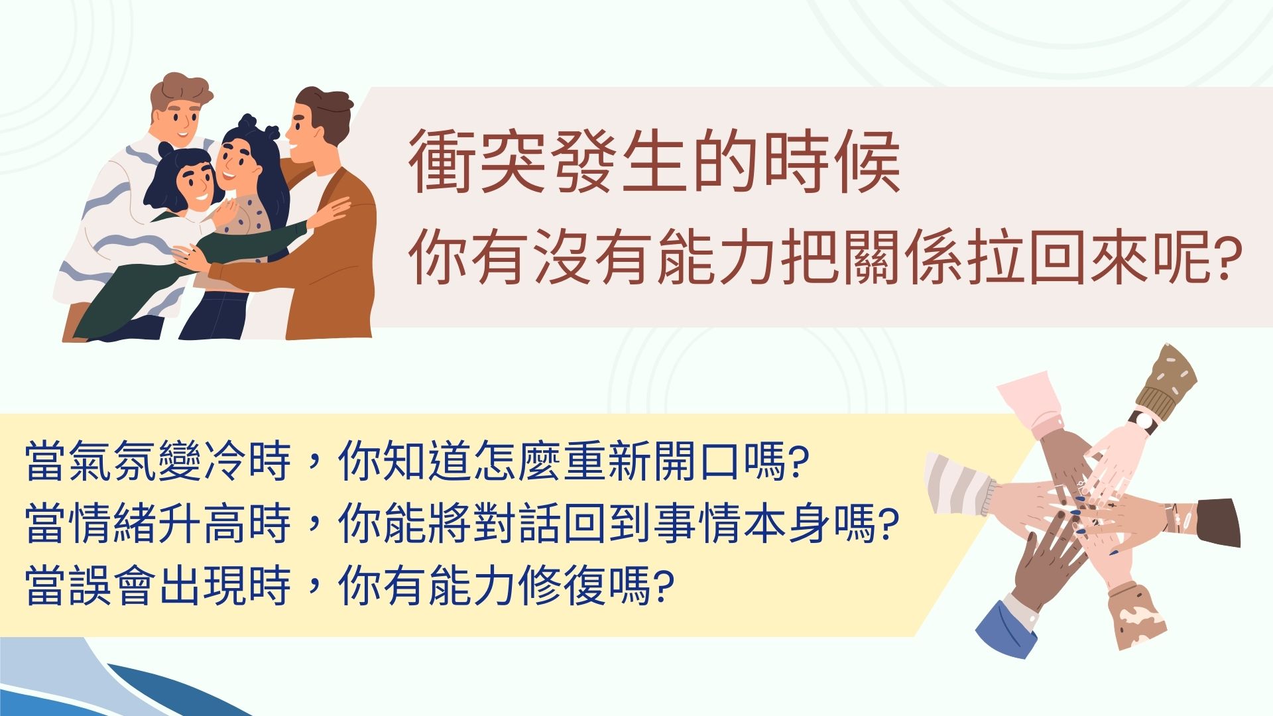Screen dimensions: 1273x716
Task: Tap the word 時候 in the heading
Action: (832, 162)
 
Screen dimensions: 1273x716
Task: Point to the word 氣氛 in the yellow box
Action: (113, 460)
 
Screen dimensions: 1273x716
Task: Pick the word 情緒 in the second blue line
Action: (113, 522)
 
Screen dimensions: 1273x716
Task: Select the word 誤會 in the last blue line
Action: (113, 585)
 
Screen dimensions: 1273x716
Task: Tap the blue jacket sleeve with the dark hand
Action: (1004, 628)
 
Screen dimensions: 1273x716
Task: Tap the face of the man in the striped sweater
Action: (177, 119)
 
